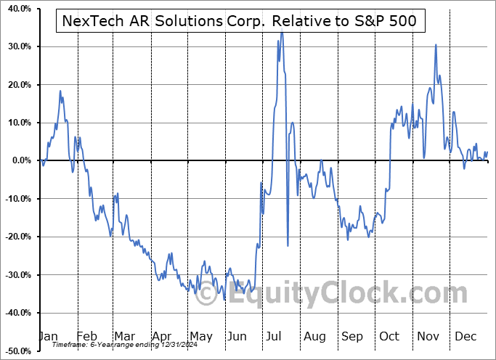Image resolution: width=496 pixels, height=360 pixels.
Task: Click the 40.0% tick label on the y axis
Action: click(x=17, y=9)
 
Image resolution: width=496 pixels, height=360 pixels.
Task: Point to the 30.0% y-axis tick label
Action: click(x=17, y=46)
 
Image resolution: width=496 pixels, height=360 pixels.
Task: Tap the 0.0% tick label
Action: click(x=19, y=160)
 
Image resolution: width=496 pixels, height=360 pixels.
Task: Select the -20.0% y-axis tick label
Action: click(x=15, y=237)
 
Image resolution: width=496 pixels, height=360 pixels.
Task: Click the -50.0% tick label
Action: click(x=15, y=351)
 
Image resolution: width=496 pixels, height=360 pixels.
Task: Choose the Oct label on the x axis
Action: click(x=389, y=336)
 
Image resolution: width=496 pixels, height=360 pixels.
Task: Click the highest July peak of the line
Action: click(x=281, y=32)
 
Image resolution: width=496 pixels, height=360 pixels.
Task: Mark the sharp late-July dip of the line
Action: click(x=288, y=245)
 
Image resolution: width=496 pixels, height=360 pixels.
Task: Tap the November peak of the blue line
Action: click(x=436, y=45)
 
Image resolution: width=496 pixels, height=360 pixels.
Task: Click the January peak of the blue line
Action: click(x=60, y=91)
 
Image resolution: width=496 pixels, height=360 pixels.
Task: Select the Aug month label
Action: click(x=314, y=336)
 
